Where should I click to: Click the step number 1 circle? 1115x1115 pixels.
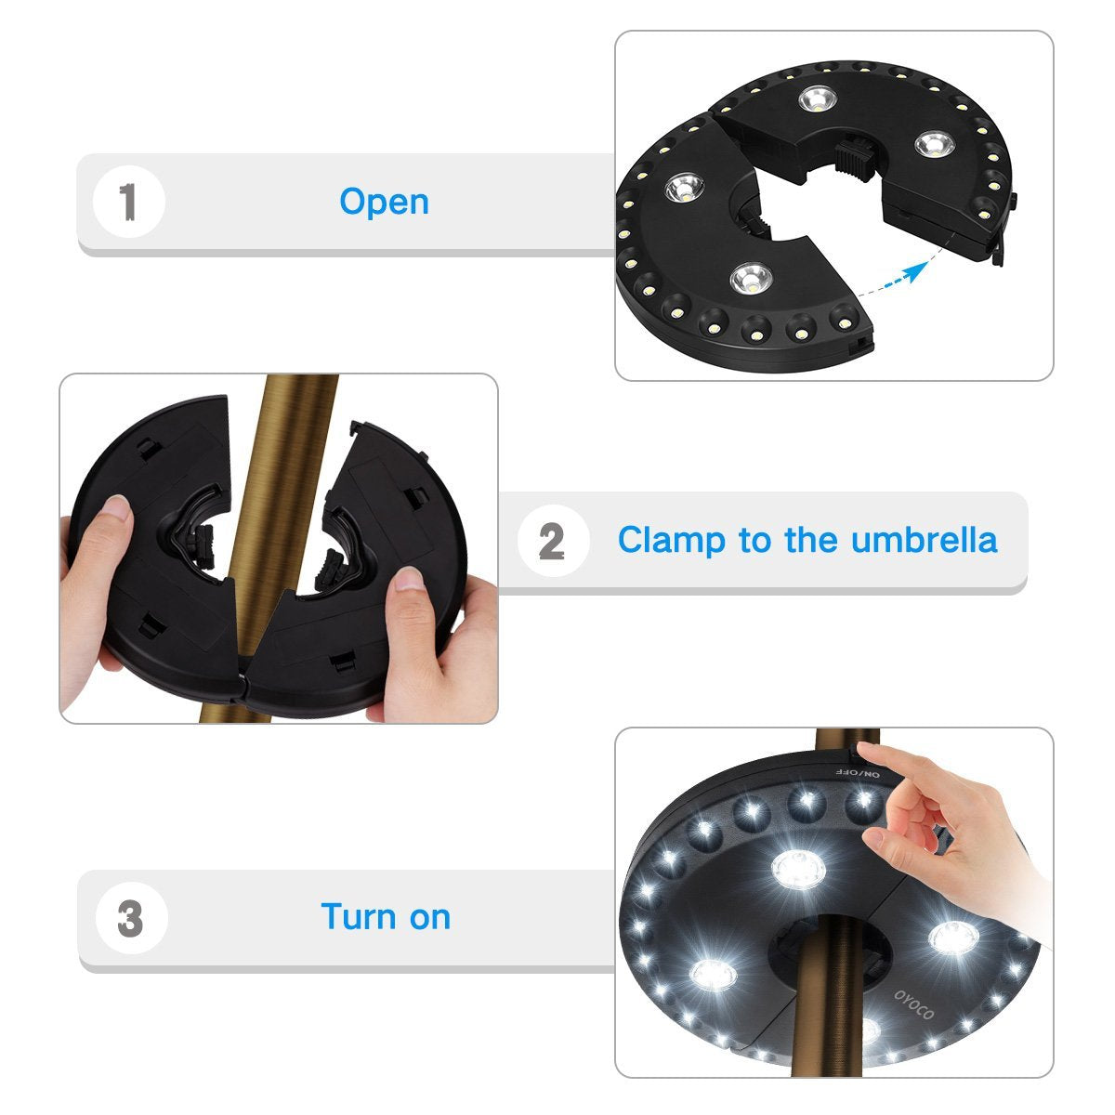(x=128, y=202)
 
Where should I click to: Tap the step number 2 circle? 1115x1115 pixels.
(x=552, y=541)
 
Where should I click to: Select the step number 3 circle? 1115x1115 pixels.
(x=131, y=918)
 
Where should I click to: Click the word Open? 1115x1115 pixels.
(x=384, y=202)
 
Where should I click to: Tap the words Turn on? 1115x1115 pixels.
(x=386, y=917)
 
